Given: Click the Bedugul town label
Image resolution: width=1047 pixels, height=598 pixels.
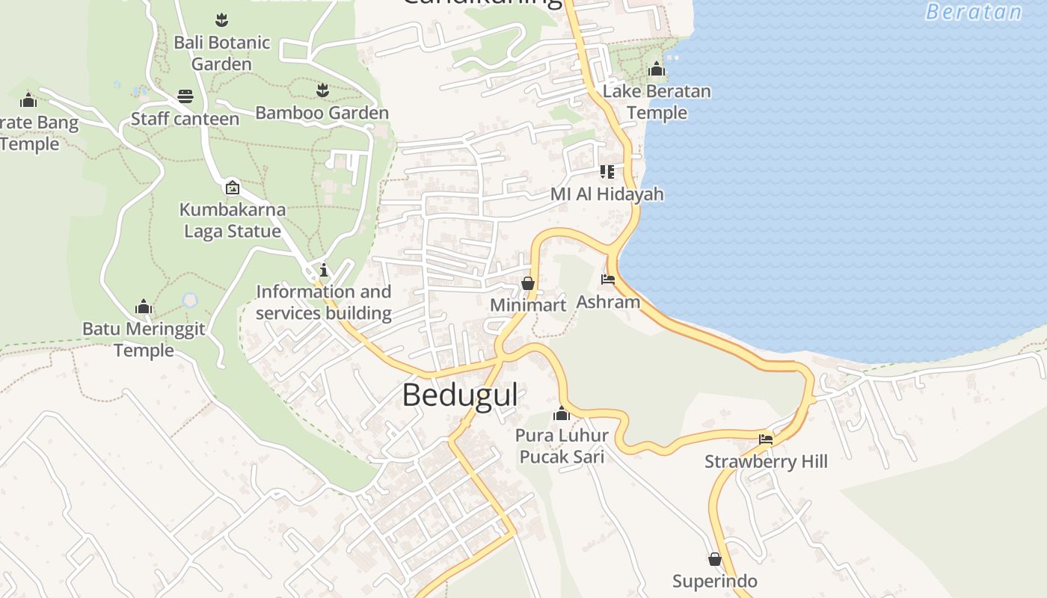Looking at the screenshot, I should tap(459, 395).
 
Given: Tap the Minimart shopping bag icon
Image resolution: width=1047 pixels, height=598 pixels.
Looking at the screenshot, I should tap(528, 283).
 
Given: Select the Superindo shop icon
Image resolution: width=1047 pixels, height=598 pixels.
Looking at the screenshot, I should tap(715, 559).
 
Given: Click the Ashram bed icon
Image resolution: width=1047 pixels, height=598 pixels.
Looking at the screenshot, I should tap(608, 280).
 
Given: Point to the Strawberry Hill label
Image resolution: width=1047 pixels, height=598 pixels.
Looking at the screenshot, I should tap(766, 461).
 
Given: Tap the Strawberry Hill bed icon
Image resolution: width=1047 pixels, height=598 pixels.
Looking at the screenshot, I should tap(766, 439).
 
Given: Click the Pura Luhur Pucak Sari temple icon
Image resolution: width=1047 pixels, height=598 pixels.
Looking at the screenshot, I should tap(562, 413).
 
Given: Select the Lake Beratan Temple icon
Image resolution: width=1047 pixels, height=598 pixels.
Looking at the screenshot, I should tap(657, 70).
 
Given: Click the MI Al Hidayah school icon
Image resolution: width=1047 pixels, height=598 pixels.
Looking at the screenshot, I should tap(607, 172).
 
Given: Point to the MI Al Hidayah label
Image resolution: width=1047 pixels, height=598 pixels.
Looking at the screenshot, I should tap(607, 194).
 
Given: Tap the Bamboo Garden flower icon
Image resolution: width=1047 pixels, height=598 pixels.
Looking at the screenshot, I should tap(322, 90).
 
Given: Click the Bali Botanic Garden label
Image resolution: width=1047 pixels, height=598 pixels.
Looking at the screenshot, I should tap(221, 53).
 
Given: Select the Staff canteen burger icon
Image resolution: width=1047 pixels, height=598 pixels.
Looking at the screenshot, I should tap(185, 96).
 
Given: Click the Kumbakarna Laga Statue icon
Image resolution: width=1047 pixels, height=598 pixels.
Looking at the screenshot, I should tap(233, 188).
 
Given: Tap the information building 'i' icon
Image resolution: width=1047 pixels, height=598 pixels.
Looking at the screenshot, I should tap(323, 270).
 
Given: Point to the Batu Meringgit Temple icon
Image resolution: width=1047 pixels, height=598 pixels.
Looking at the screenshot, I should tap(144, 306).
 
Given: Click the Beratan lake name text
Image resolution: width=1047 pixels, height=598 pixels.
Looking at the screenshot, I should tap(974, 12).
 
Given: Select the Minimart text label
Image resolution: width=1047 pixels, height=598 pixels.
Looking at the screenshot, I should tap(528, 305).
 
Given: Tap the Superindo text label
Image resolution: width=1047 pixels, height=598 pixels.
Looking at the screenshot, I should tap(714, 581).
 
